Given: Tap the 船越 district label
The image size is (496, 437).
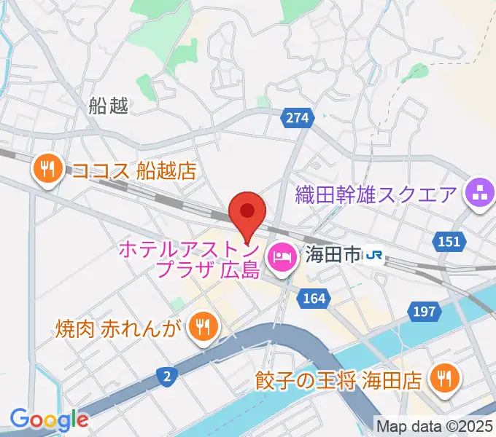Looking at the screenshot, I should coord(108,107).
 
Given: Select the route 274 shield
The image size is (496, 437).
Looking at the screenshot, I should coord(298,117).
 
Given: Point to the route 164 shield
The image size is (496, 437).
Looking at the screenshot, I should coord(314,298).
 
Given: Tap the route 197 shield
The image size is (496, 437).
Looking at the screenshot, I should coord(425,312).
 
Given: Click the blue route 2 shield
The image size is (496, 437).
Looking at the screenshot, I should coord(167,377).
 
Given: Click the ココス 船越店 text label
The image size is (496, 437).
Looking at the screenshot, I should coord(134,171).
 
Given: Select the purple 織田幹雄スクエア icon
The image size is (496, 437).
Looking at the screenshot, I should coord(480,194).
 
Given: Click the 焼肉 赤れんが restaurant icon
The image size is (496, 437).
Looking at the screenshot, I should coord(202,326).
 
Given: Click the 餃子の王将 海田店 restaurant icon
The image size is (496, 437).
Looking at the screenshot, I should coord(442,379).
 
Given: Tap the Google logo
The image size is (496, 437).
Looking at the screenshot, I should coord(49,419).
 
